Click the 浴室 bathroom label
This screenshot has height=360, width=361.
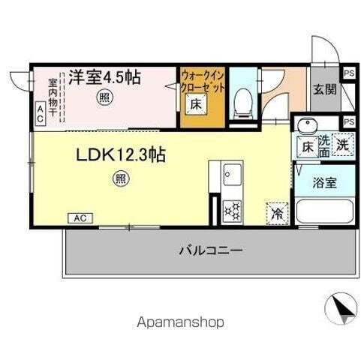tap(324, 181)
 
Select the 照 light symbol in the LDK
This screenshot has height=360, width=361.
tap(120, 178)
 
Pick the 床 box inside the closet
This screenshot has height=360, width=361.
tap(194, 104)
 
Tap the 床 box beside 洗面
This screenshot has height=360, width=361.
tap(306, 147)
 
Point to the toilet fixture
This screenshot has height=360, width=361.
tap(243, 102)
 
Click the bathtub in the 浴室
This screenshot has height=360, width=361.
tap(324, 211)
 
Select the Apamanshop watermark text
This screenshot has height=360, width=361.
tap(180, 322)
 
